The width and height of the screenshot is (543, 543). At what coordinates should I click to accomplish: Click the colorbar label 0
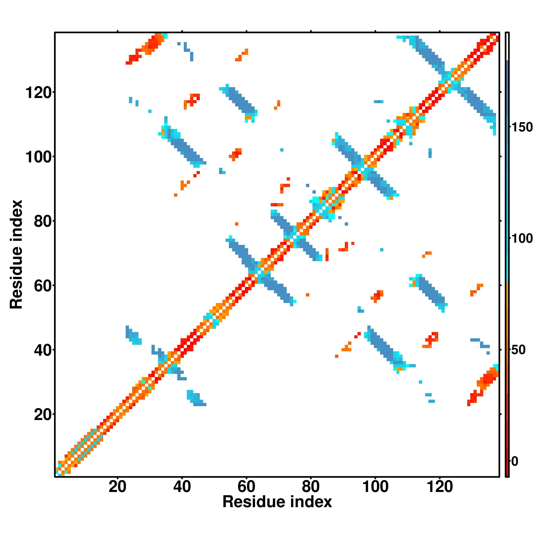coord(515,461)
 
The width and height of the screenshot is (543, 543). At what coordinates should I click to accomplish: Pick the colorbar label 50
coord(519,350)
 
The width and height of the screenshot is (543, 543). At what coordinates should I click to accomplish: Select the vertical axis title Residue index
coord(16,254)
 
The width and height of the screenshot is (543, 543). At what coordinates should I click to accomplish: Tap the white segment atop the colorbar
coord(507,46)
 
